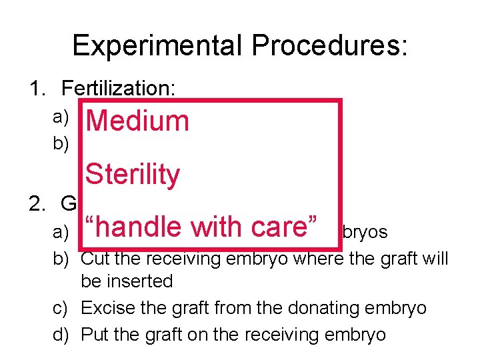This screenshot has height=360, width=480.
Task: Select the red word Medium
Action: click(137, 121)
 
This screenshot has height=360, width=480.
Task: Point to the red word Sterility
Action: click(133, 175)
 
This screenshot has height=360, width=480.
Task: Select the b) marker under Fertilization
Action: click(61, 144)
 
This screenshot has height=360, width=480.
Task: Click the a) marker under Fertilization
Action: click(61, 117)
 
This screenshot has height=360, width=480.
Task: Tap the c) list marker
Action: click(61, 308)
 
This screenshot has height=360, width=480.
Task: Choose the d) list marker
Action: click(61, 333)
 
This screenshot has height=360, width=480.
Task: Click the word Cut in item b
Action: click(94, 258)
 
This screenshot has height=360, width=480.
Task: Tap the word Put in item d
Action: click(93, 333)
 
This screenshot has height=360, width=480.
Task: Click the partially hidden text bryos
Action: click(367, 232)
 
